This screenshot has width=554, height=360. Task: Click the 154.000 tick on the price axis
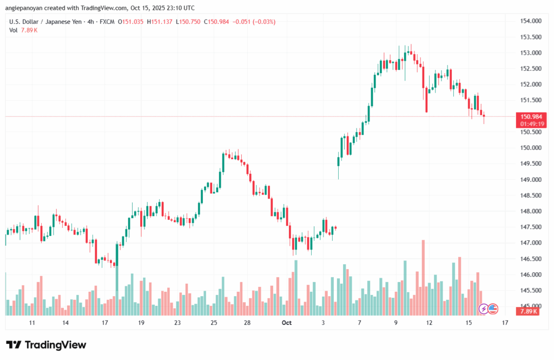pos(531,21)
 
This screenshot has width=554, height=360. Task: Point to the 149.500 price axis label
pos(531,163)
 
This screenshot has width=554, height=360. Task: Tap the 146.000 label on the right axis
pos(531,275)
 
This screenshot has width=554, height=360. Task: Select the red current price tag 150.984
pos(530,116)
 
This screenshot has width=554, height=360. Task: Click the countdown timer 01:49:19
pos(530,124)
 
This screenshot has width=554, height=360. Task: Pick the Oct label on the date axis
pos(286,323)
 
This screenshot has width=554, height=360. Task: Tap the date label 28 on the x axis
pos(247,323)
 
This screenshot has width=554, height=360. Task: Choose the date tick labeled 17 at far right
pos(504,323)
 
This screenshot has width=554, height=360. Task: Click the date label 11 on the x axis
pos(32,323)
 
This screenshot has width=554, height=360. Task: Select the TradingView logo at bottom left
pos(46,345)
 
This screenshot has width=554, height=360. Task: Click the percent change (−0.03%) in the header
pos(263,22)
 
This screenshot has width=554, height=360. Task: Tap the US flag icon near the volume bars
pos(492,309)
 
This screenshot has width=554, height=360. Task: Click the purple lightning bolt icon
pos(483,309)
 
